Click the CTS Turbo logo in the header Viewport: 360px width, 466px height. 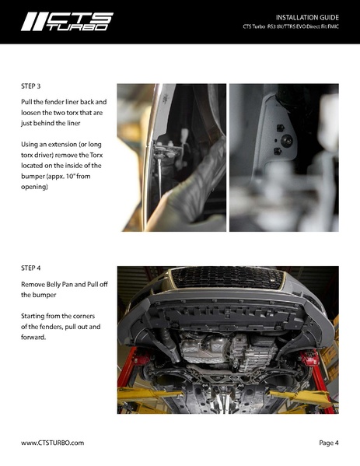click(x=67, y=22)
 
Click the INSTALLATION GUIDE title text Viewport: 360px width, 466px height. click(x=307, y=18)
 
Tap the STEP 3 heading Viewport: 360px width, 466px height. click(x=30, y=86)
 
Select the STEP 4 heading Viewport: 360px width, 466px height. click(x=30, y=268)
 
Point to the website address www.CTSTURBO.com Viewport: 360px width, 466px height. click(x=52, y=443)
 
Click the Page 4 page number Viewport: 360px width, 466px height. click(x=329, y=443)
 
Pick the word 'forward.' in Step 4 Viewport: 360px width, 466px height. click(x=33, y=338)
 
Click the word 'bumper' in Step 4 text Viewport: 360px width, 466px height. click(x=44, y=295)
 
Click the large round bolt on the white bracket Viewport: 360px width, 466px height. click(x=287, y=141)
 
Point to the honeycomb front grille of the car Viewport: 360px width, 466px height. click(x=228, y=278)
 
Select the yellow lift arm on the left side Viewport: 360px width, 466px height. click(x=149, y=396)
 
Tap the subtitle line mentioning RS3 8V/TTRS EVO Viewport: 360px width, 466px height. click(x=291, y=26)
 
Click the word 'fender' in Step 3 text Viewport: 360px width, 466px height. click(x=54, y=102)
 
